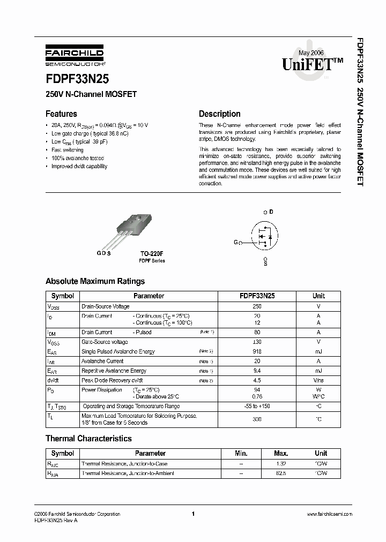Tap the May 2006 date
click(x=311, y=52)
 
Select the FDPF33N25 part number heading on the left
click(x=77, y=79)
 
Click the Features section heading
click(x=61, y=114)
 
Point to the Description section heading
click(x=219, y=114)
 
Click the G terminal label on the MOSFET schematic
click(x=235, y=243)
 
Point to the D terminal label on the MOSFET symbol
click(x=271, y=212)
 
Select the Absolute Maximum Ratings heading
click(x=95, y=281)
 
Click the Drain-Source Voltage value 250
click(x=257, y=306)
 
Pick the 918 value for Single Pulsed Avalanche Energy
click(x=257, y=351)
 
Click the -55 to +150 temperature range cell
click(x=257, y=406)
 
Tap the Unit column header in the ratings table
click(x=318, y=296)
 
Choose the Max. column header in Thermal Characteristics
click(x=281, y=453)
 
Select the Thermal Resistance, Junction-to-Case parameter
click(x=124, y=464)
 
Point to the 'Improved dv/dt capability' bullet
click(x=79, y=166)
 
